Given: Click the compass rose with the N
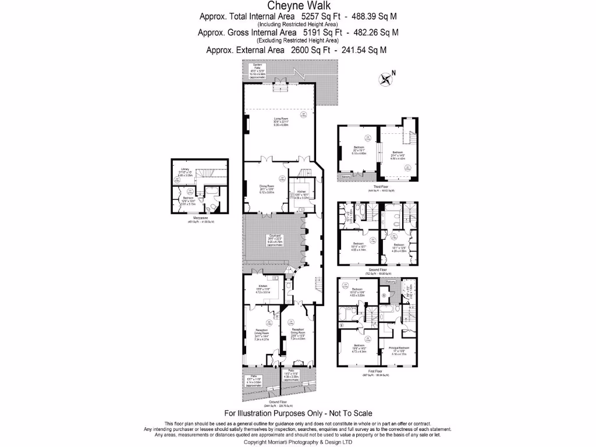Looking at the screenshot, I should [x=386, y=79].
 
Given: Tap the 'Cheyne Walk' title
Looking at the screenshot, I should [x=297, y=6].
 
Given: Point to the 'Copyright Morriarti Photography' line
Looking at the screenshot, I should [x=297, y=442].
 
